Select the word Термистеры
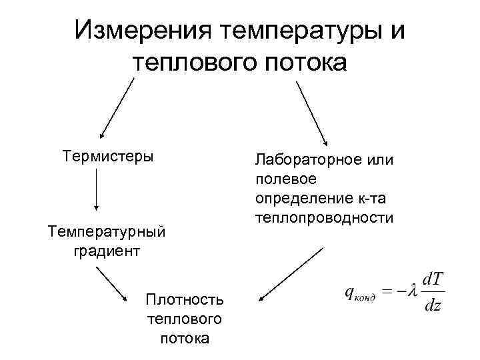point(107,156)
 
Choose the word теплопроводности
point(323,218)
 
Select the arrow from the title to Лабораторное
point(311,112)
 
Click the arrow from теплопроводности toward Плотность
point(291,275)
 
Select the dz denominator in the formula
point(433,306)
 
